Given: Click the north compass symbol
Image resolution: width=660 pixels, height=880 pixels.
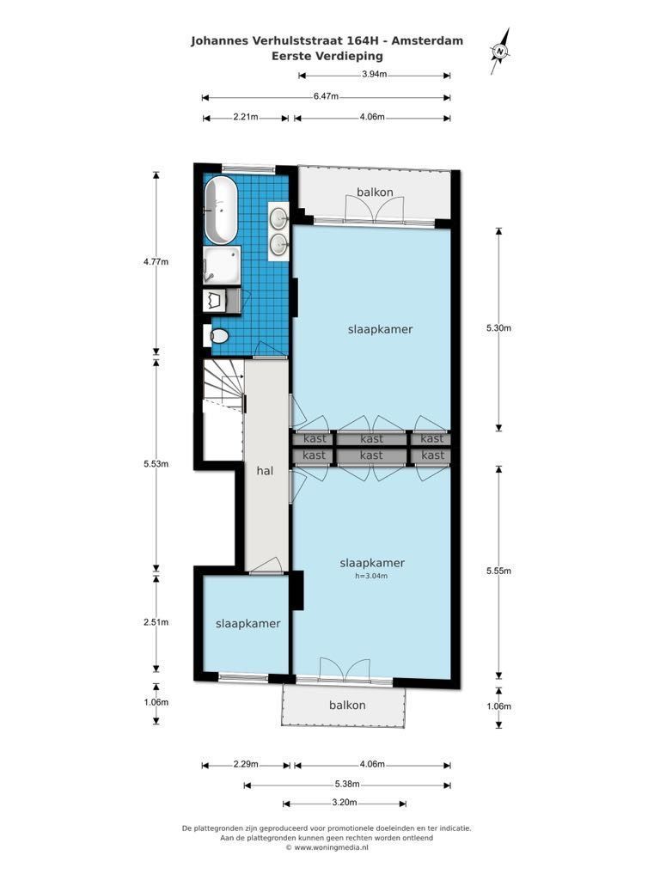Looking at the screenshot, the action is [500, 52].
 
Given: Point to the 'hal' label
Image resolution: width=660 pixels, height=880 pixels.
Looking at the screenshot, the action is [265, 471].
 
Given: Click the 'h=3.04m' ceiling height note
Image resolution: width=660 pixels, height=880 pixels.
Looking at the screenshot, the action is [371, 576].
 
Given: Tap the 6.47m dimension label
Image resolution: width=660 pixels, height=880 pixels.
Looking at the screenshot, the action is [326, 96].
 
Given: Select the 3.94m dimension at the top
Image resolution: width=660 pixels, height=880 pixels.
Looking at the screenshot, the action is [375, 74].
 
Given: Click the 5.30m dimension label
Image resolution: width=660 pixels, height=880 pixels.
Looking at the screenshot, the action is [499, 328].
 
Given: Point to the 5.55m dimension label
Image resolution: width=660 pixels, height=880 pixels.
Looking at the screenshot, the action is [499, 571].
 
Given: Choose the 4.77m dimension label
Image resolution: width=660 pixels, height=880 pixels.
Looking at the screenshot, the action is [156, 261].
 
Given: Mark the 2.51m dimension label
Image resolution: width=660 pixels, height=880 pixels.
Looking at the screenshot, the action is [156, 622].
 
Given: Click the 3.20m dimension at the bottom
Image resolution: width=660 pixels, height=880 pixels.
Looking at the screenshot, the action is [345, 803].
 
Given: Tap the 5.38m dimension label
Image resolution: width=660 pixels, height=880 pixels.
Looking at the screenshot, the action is [347, 784].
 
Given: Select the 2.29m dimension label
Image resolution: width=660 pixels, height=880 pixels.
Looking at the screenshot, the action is [246, 764].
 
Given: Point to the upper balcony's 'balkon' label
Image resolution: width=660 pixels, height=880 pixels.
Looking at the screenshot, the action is [375, 192].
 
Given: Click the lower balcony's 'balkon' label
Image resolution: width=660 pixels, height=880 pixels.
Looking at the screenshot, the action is [347, 706].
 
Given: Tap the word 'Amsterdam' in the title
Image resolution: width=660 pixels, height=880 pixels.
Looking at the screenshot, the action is [427, 40].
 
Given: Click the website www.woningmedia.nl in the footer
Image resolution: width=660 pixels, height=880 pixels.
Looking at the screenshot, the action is [331, 847].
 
